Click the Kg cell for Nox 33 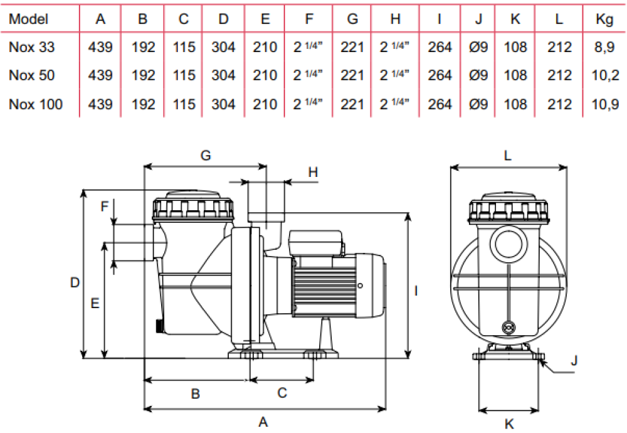(x=605, y=47)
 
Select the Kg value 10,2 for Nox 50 (x=605, y=75)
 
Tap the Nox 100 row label (x=36, y=104)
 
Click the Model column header (x=29, y=19)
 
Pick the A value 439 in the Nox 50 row (x=100, y=75)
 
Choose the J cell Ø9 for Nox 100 (x=478, y=104)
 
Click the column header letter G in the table (x=352, y=19)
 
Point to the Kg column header (x=605, y=19)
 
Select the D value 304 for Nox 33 (x=223, y=47)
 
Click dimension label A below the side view (x=264, y=422)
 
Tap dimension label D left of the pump (x=75, y=283)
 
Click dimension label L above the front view (x=508, y=156)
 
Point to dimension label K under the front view (x=509, y=424)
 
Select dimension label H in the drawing (x=313, y=171)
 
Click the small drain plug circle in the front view (x=507, y=327)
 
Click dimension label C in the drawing (x=282, y=393)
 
